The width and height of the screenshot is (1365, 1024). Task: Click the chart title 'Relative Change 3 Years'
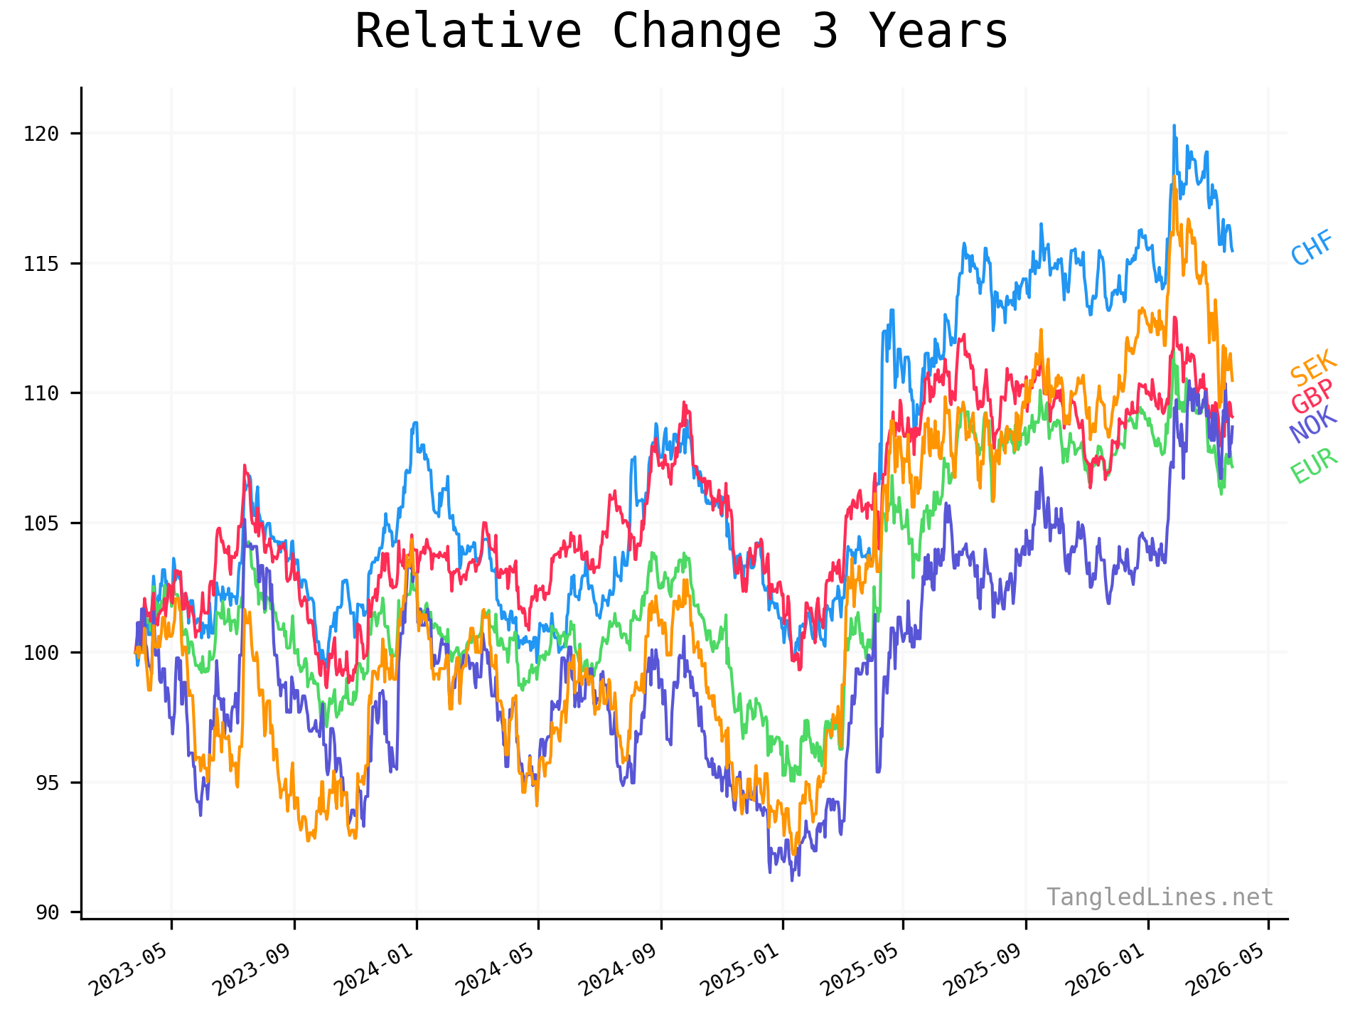pos(681,32)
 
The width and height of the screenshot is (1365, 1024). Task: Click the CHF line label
pos(1312,248)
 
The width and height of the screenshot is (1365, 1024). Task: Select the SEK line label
pos(1313,368)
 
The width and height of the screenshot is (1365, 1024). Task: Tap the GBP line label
pos(1312,396)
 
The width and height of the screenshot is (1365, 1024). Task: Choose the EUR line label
pos(1314,466)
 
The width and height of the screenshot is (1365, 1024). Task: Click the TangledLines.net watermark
pos(1160,897)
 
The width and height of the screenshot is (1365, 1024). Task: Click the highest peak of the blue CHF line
pos(1174,126)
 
